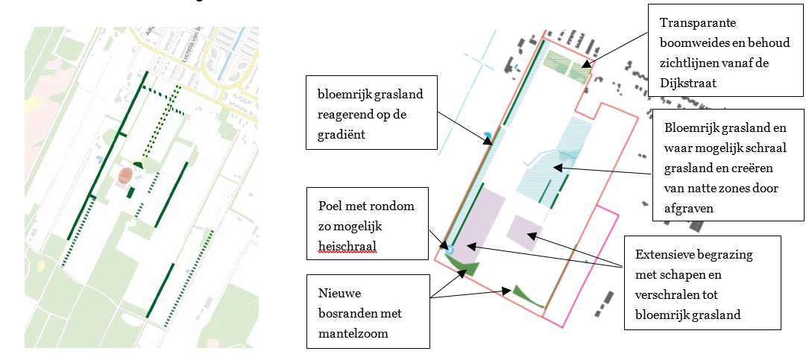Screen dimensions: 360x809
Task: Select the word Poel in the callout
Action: click(331, 206)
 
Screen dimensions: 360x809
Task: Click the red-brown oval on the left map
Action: click(128, 176)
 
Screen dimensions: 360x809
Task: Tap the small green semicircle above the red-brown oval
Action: click(137, 165)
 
